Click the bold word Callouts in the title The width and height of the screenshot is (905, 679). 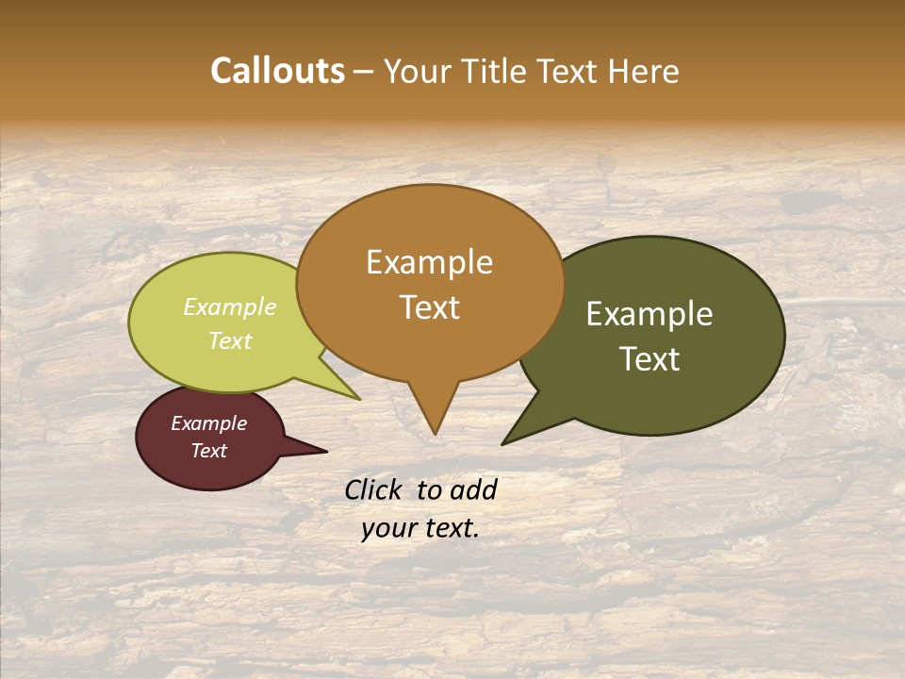pyautogui.click(x=277, y=71)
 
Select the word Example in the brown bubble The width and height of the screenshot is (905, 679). pyautogui.click(x=429, y=262)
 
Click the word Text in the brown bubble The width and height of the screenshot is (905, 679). pyautogui.click(x=429, y=307)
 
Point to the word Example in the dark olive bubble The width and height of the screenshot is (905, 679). pyautogui.click(x=650, y=314)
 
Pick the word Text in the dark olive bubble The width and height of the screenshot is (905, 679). pyautogui.click(x=650, y=359)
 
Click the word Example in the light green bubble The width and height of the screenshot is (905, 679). pyautogui.click(x=230, y=306)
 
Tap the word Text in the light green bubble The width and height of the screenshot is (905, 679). pyautogui.click(x=230, y=340)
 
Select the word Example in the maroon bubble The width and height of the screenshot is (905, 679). pyautogui.click(x=208, y=423)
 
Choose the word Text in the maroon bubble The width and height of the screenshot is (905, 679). pyautogui.click(x=208, y=451)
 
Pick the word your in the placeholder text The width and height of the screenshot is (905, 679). pyautogui.click(x=388, y=528)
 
